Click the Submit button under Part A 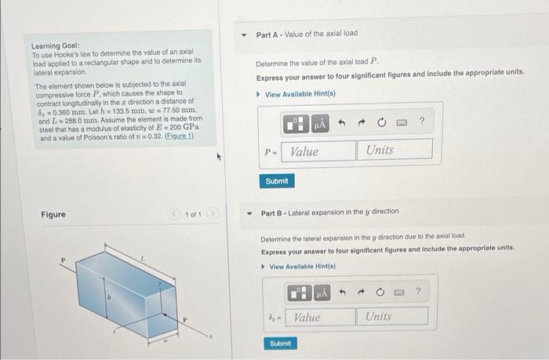277,181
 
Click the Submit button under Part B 280,344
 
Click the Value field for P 318,150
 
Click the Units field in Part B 394,317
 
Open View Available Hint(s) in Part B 293,267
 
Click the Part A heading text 307,34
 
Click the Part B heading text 329,212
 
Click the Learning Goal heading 56,46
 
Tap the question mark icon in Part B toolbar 418,292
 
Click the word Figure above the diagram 53,214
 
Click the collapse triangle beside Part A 244,35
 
